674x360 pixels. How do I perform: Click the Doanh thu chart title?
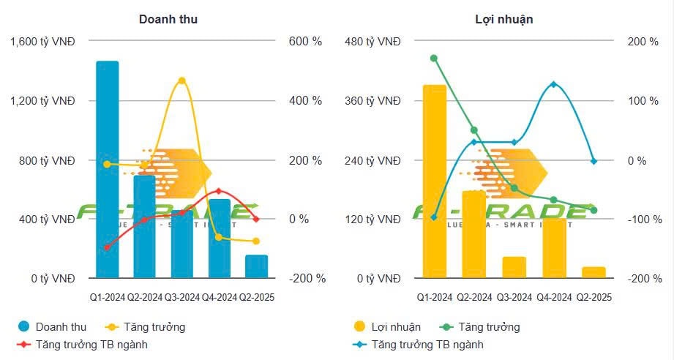point(168,20)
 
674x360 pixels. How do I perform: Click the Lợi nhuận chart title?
point(503,20)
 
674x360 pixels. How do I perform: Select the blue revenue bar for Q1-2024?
point(107,168)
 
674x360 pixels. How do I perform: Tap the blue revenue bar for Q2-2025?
point(256,266)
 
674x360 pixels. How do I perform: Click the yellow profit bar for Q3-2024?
point(514,267)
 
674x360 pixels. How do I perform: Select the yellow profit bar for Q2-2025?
point(594,272)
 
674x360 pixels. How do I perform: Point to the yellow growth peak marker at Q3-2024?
point(181,80)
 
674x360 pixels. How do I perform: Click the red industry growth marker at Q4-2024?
point(219,191)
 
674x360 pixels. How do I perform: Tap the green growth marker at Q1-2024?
point(434,58)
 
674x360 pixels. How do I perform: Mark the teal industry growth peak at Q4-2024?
point(553,84)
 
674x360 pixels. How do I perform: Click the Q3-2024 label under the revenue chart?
point(181,298)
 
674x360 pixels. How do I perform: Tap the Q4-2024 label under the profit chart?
point(554,298)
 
